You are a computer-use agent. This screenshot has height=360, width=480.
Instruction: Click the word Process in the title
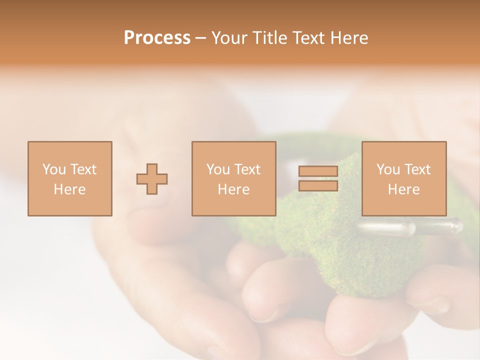(x=157, y=38)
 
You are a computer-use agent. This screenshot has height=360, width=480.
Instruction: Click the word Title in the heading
(x=269, y=38)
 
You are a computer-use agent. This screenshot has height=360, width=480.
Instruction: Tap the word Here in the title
(x=348, y=38)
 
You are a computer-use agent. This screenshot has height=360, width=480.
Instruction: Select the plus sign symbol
(x=152, y=179)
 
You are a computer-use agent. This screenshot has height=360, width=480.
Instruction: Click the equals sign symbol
(x=318, y=178)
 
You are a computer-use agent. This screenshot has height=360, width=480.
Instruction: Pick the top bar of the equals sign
(x=318, y=171)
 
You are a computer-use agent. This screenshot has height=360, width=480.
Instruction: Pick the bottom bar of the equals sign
(x=318, y=186)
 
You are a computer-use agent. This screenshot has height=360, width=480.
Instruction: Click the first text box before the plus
(x=70, y=178)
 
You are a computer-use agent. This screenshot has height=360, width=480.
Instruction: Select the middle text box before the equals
(x=233, y=178)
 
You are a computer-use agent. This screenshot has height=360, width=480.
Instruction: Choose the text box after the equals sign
(x=403, y=178)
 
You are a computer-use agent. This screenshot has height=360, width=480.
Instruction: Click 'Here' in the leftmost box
(x=69, y=189)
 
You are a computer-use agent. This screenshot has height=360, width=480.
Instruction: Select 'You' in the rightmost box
(x=388, y=169)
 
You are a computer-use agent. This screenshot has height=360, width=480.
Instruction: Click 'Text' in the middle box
(x=247, y=169)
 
